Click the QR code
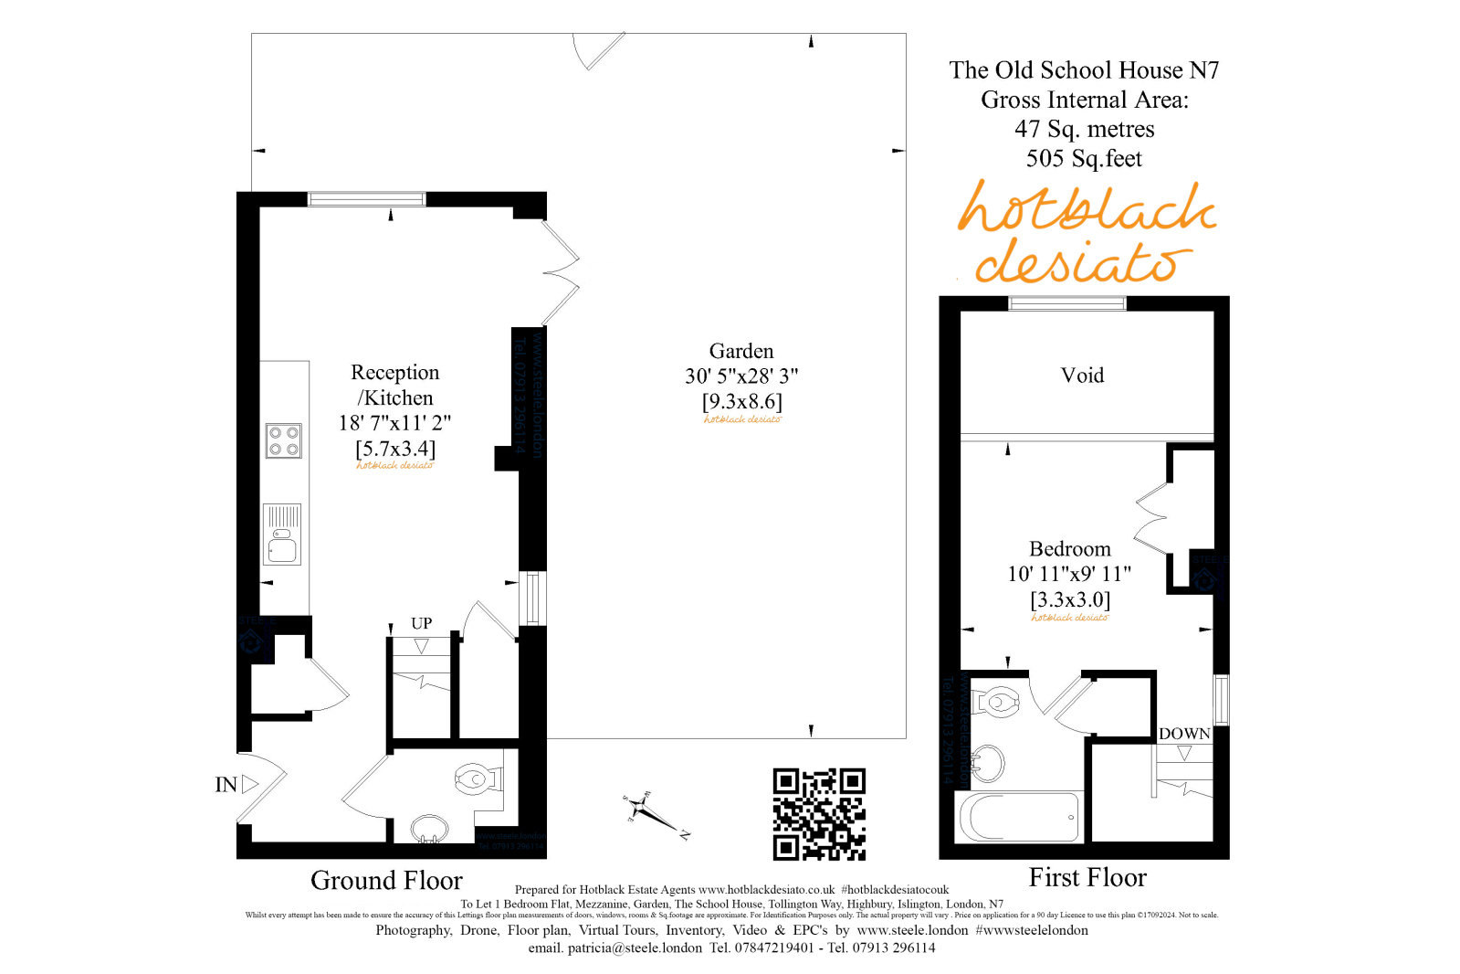819,814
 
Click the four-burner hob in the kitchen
284,440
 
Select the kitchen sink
283,535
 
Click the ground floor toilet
478,779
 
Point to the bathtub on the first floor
1019,816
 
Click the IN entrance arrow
249,784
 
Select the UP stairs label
421,623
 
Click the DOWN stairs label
1184,734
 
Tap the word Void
1082,376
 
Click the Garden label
741,352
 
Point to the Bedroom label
1070,549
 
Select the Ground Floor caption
386,881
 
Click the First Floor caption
1087,878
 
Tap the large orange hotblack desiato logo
1086,232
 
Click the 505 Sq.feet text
1084,159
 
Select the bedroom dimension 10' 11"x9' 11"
1069,574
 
